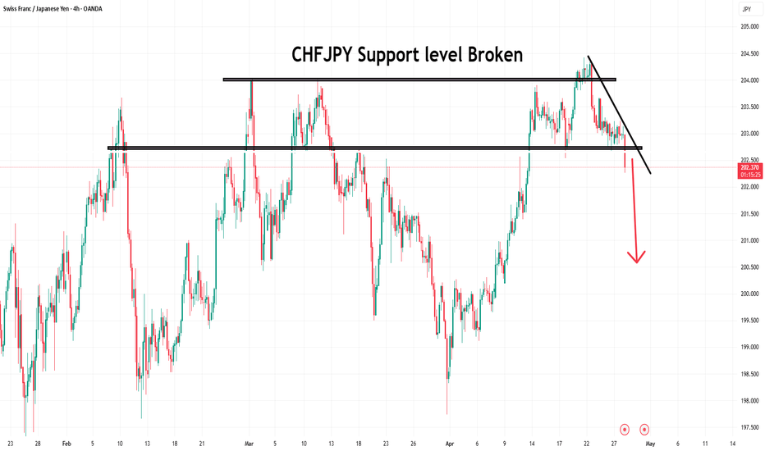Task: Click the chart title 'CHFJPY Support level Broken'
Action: tap(407, 55)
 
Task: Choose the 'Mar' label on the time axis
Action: tap(248, 443)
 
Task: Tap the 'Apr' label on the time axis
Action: tap(449, 443)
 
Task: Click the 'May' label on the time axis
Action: tap(650, 443)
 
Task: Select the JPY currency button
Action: tap(746, 9)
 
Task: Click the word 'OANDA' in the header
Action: tap(138, 9)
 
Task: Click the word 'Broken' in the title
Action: tap(489, 55)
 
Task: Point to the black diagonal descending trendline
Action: tap(620, 115)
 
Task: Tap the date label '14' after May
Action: tap(732, 443)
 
